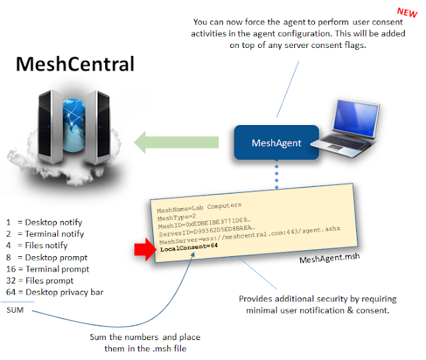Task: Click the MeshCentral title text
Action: (75, 64)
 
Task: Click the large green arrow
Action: (176, 142)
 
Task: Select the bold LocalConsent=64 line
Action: (189, 246)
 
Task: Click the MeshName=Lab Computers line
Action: (200, 206)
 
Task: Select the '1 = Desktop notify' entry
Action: (44, 222)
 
